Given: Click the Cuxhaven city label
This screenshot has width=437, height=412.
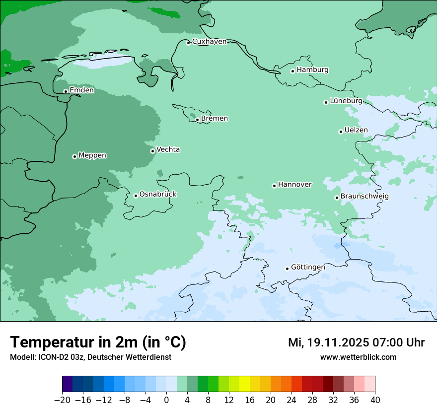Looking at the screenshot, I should (209, 42).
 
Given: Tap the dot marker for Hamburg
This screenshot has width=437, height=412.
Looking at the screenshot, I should (292, 71).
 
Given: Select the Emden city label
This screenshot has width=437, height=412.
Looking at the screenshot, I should (81, 90).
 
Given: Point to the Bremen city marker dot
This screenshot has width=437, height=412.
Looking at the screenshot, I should (197, 120).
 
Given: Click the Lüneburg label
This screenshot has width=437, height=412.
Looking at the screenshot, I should (346, 101).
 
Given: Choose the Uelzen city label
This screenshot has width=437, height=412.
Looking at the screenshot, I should (356, 131).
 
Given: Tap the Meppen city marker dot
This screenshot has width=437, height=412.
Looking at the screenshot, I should (74, 156).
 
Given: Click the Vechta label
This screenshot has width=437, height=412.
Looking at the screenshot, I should (168, 149).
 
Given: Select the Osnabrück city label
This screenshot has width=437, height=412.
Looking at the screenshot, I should (158, 194).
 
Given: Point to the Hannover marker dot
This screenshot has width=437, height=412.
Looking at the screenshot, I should (274, 186).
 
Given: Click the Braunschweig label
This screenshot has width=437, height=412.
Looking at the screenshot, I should (364, 196).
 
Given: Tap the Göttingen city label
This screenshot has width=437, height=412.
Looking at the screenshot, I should (308, 267).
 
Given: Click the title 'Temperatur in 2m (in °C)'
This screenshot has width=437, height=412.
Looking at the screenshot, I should (98, 343).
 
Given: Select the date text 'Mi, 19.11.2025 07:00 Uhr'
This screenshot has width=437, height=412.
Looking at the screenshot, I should (356, 343).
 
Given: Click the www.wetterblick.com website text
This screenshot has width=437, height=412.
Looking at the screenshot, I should (358, 357).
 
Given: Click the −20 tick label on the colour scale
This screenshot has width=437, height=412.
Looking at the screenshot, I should (63, 400).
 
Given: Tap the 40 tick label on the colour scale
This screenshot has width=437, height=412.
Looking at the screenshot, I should (375, 400).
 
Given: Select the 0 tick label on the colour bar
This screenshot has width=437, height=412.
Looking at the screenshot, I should (166, 400).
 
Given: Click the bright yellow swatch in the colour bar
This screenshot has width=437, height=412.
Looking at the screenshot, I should (244, 384).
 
